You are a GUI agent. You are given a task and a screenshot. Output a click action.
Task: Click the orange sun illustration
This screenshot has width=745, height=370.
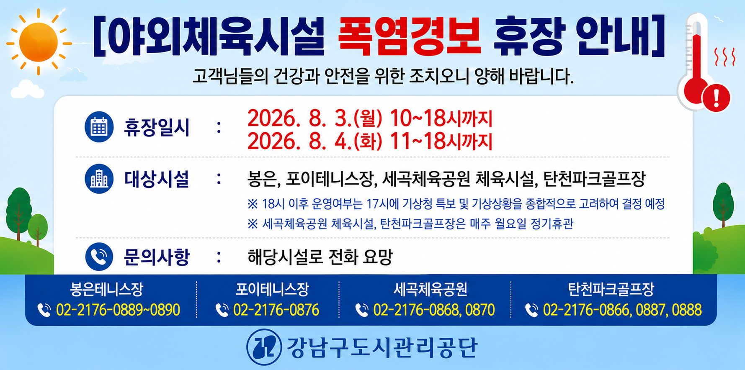39,42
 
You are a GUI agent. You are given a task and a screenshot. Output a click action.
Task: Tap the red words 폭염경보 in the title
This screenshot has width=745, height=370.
409,36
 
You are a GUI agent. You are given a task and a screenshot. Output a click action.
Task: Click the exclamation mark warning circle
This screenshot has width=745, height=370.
716,98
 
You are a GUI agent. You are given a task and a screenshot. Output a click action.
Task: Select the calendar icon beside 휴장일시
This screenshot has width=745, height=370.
99,127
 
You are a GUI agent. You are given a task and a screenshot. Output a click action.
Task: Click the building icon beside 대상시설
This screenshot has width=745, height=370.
99,179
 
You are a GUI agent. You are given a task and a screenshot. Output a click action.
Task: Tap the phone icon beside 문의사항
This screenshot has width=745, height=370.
99,256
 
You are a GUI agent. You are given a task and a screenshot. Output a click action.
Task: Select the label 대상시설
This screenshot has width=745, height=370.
157,179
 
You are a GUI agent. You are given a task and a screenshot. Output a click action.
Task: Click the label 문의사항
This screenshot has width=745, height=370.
157,257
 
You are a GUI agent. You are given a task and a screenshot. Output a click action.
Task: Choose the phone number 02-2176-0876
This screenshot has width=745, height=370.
276,310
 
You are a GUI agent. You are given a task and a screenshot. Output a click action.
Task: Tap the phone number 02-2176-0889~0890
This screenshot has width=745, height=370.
118,310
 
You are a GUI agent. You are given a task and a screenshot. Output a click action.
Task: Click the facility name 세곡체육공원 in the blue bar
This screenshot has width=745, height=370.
430,289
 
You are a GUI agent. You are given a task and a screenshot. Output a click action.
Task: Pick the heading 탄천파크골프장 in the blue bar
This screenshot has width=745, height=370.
611,289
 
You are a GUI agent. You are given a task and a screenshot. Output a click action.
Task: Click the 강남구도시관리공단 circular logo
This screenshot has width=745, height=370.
264,347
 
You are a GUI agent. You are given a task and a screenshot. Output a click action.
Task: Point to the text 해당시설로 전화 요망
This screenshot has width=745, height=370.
320,257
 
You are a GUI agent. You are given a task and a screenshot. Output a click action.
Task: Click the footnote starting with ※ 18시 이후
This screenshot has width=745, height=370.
456,204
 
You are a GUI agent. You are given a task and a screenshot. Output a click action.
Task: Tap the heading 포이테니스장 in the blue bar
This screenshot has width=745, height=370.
272,289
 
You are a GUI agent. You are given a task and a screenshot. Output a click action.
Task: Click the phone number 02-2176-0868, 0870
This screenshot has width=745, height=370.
434,310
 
